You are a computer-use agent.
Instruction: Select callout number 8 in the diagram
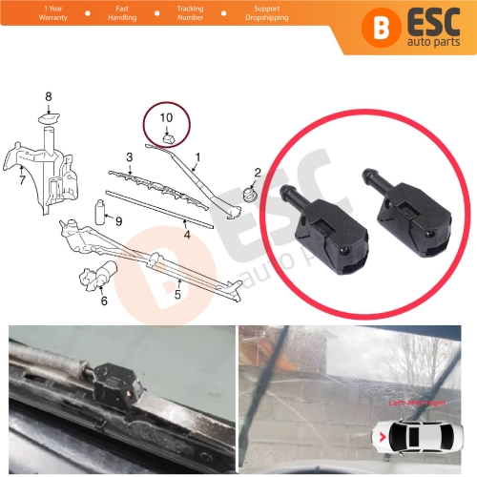(x=50, y=96)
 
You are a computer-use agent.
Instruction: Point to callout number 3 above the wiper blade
(x=128, y=156)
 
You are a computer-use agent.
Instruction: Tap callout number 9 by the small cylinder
(x=118, y=221)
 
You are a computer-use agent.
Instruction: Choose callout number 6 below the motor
(x=103, y=301)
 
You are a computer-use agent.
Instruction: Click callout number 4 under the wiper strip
(x=187, y=234)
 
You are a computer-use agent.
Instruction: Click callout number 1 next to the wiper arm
(x=197, y=156)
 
